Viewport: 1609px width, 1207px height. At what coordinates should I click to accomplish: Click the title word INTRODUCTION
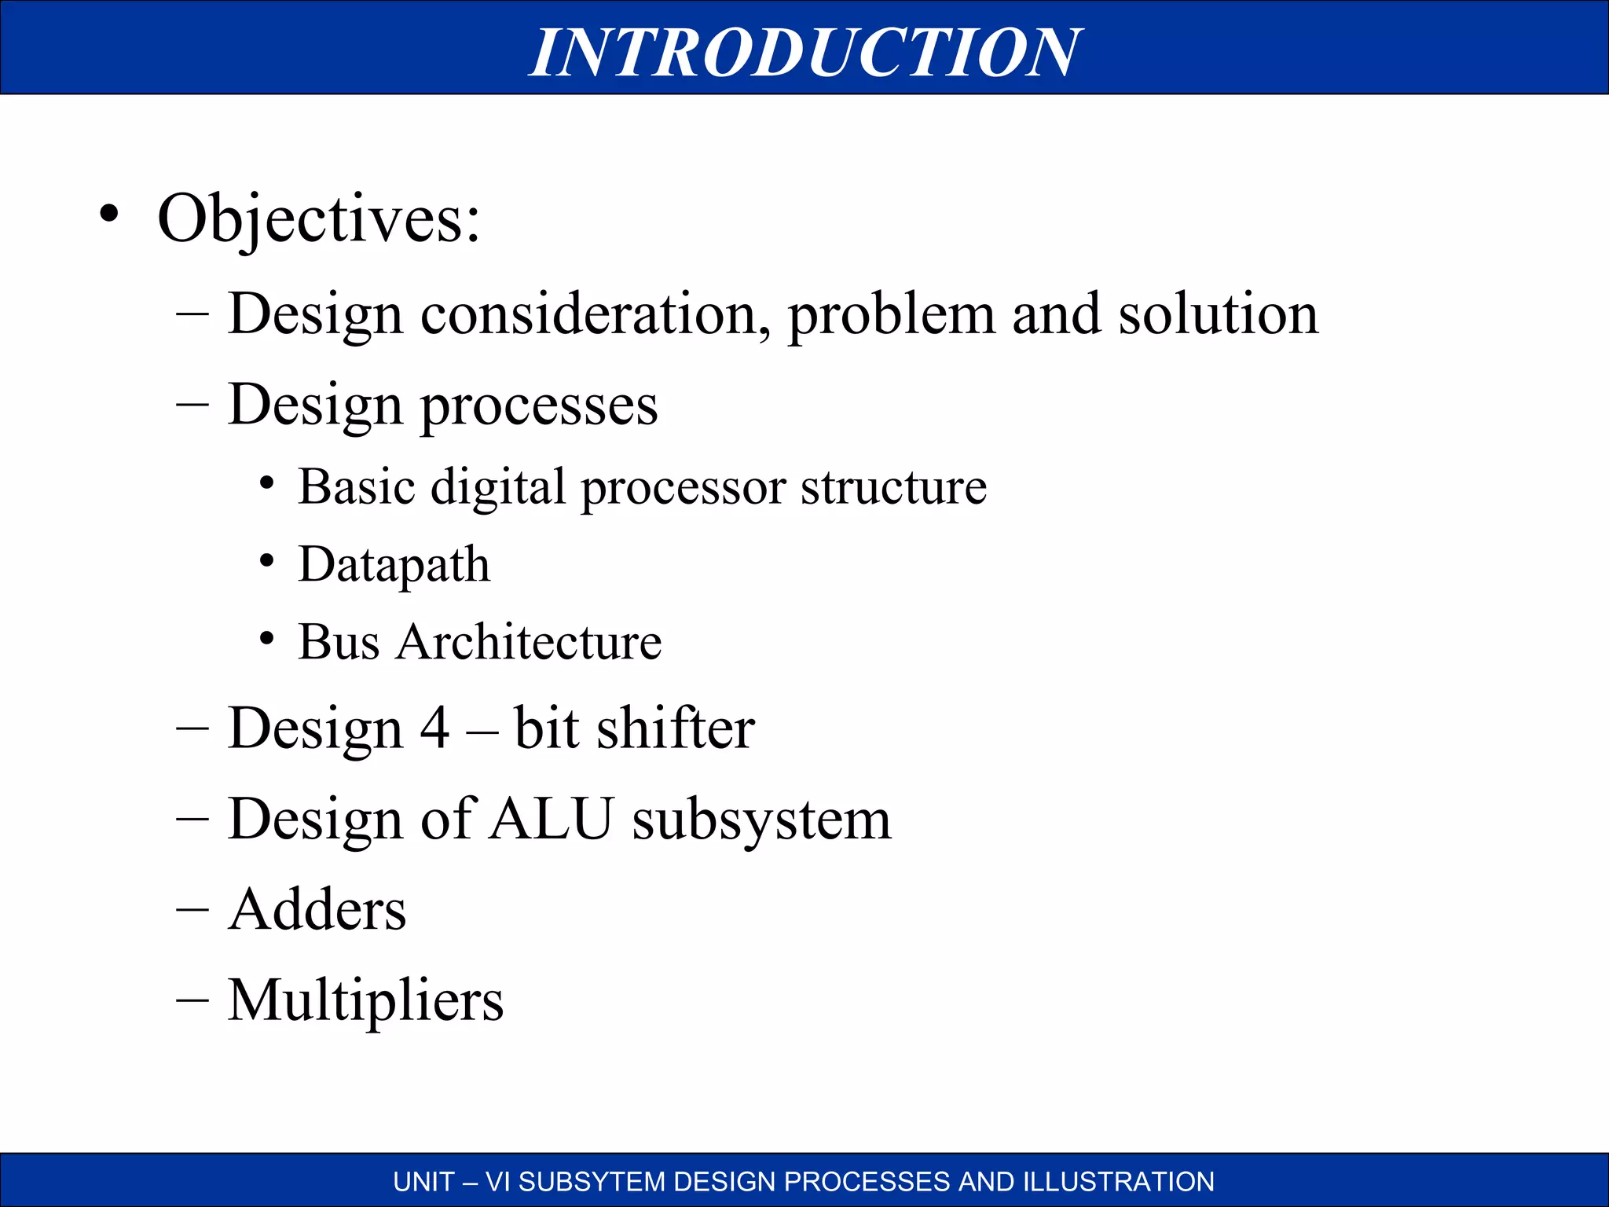[x=804, y=52]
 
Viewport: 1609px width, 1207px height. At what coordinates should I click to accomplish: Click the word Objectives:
[x=318, y=218]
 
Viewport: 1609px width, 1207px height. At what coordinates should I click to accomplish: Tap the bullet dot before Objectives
[x=109, y=215]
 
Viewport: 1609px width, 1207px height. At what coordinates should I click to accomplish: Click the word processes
[x=539, y=406]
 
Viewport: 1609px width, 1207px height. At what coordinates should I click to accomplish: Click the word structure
[x=893, y=488]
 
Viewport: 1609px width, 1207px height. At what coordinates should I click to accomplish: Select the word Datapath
[x=394, y=565]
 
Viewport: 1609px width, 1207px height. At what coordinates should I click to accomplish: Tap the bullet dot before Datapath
[x=267, y=561]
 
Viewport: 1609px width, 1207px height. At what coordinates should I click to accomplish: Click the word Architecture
[x=529, y=642]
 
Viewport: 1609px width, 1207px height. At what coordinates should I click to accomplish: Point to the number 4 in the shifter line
[x=434, y=728]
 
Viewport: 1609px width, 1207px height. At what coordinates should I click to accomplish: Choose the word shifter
[x=675, y=728]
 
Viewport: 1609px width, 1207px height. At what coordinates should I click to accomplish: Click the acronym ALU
[x=551, y=820]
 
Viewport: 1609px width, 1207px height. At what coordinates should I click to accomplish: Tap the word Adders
[x=317, y=910]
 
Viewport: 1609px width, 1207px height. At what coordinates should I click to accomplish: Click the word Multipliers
[x=365, y=1002]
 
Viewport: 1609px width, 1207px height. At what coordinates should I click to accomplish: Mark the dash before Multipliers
[x=192, y=1000]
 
